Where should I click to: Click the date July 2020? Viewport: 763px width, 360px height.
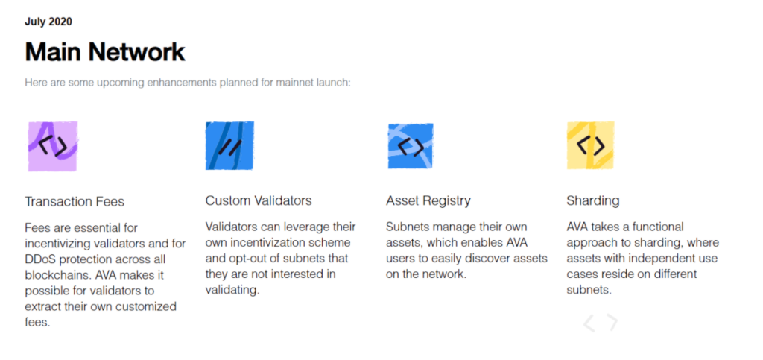click(48, 22)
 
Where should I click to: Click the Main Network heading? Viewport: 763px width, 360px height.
click(104, 51)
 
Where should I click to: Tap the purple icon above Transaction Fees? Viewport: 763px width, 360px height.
click(53, 146)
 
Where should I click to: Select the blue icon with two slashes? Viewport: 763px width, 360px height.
click(229, 145)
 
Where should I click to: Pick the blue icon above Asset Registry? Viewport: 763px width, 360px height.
click(411, 146)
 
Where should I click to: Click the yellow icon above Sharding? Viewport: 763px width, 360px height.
click(591, 145)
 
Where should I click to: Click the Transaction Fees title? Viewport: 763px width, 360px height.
click(75, 201)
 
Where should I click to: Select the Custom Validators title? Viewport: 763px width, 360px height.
click(259, 200)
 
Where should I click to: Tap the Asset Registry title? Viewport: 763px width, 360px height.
click(428, 201)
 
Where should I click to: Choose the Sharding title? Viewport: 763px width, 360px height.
click(592, 201)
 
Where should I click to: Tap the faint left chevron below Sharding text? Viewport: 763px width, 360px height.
click(589, 323)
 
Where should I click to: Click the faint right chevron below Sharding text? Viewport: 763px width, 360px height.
click(612, 323)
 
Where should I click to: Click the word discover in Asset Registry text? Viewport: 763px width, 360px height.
click(494, 259)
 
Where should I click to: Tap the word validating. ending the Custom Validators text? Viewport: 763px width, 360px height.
click(232, 291)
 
